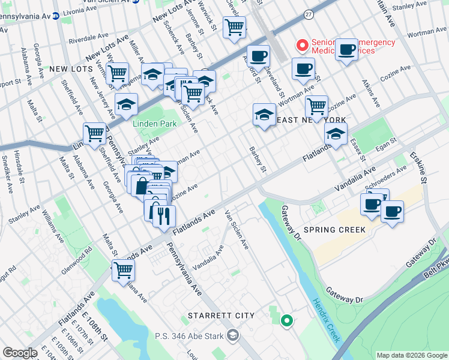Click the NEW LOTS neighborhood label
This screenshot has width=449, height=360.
click(x=71, y=70)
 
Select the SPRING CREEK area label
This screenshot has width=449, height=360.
click(x=335, y=230)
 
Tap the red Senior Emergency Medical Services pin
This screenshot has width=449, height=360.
click(x=302, y=45)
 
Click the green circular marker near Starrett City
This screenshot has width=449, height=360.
click(x=287, y=321)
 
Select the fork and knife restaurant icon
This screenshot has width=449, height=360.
click(x=164, y=215)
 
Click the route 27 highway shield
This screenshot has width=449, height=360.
click(x=309, y=14)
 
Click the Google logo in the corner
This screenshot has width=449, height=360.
click(x=20, y=353)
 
